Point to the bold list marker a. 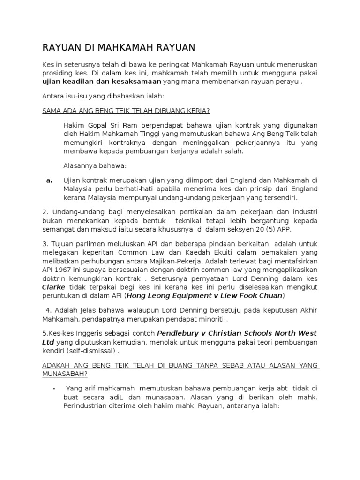coord(49,180)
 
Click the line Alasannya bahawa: coord(95,165)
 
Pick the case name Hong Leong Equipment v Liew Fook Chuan coord(204,296)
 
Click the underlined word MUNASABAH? coord(65,374)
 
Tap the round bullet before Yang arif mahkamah coord(55,388)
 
